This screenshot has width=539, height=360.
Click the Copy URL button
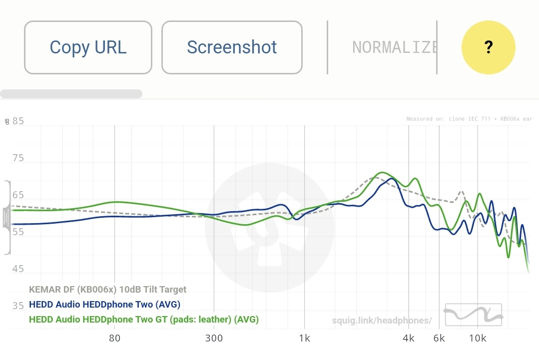point(88,47)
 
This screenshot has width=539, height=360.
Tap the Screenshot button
point(232,47)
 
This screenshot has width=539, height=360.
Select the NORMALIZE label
point(395,47)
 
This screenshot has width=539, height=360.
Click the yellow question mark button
point(488,47)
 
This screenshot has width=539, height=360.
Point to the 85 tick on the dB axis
point(18,121)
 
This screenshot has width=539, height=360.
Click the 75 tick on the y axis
point(18,158)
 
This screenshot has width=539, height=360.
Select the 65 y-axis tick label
point(18,195)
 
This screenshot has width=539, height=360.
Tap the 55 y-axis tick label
point(18,232)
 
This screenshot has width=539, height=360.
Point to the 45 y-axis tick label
point(18,269)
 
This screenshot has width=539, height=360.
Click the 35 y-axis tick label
point(18,306)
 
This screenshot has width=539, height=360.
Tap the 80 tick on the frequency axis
point(114,338)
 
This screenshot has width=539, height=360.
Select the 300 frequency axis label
point(214,338)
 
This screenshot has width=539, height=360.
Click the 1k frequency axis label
point(304,338)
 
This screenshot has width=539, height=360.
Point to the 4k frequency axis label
point(409,338)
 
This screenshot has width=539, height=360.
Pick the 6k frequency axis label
point(439,338)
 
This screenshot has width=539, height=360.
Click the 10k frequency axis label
point(478,338)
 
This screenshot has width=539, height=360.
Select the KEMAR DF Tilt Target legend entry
point(108,290)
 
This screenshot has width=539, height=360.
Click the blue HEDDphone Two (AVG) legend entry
point(105,304)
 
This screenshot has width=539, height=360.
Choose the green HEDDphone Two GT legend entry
point(144,319)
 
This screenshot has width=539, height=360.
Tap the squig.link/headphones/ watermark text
point(382,320)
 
